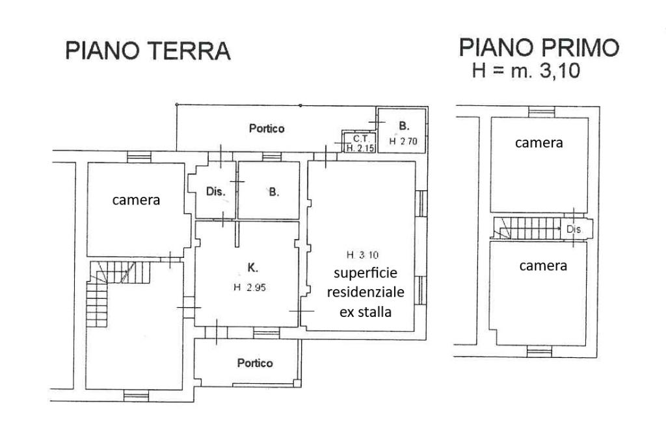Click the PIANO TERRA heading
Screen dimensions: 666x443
point(148,51)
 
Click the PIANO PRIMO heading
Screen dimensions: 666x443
point(539,47)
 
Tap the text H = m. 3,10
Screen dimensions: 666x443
point(526,70)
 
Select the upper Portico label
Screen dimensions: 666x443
point(267,128)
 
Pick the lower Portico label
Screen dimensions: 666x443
point(255,363)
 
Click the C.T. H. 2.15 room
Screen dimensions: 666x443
point(360,143)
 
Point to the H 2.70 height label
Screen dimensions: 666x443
point(403,142)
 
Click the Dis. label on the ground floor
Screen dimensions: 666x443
point(215,192)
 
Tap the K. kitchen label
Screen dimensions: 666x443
point(252,268)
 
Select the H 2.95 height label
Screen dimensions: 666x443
point(250,288)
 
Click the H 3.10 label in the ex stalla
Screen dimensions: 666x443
point(362,255)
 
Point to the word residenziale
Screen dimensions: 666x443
point(366,292)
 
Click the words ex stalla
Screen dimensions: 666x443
point(366,312)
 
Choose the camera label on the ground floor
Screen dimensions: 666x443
point(136,200)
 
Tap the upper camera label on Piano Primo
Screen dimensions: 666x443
point(539,143)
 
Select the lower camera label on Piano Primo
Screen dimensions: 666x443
point(543,266)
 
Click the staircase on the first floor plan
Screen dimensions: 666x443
point(527,228)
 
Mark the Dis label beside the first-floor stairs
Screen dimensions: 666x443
point(574,229)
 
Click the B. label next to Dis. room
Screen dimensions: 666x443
point(274,192)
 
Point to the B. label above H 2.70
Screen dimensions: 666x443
point(404,126)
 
